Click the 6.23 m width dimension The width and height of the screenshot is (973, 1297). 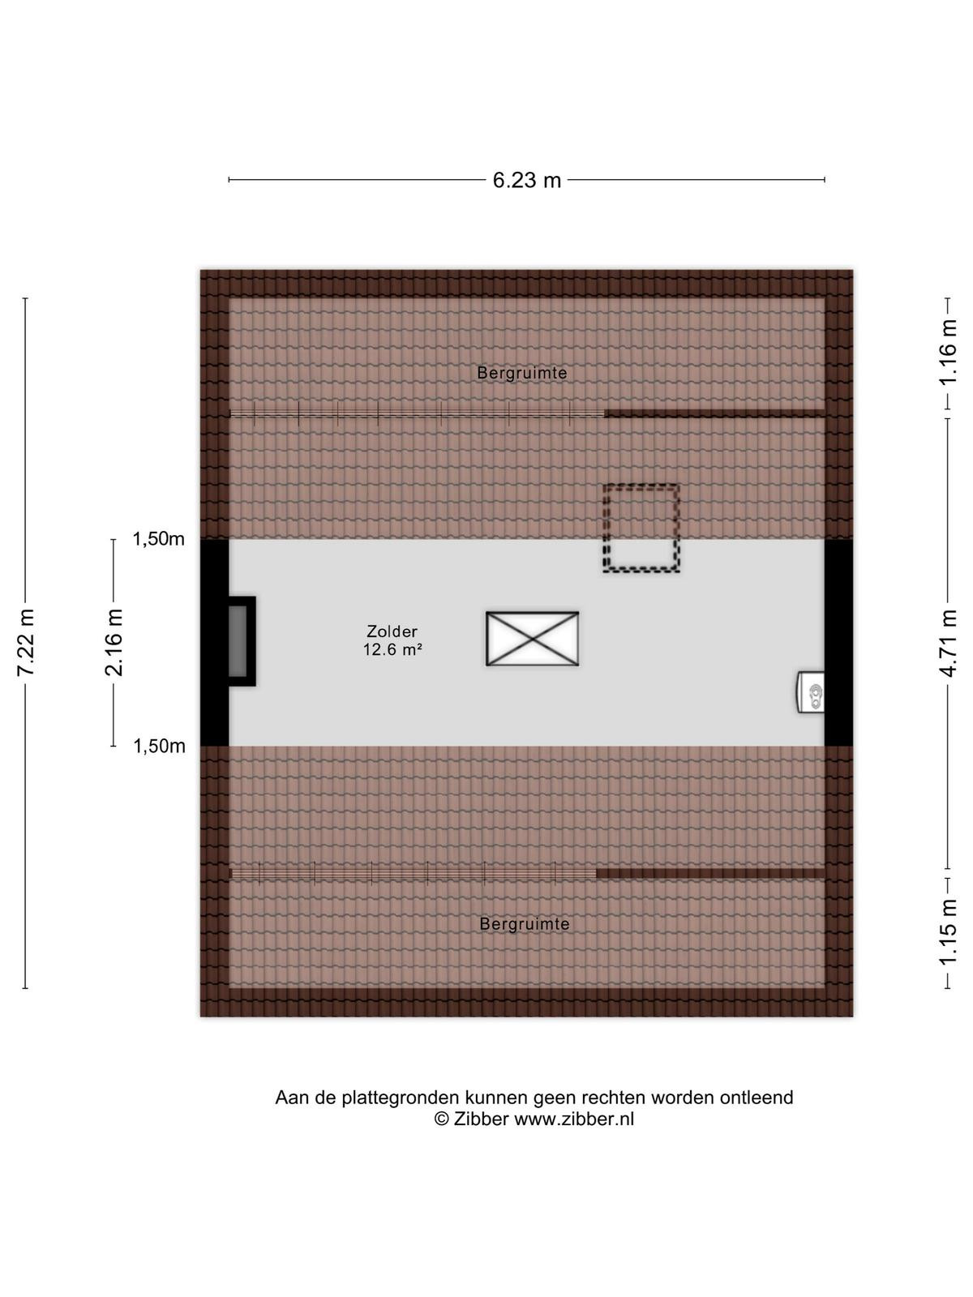[526, 180]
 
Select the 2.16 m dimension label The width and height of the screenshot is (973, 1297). [113, 642]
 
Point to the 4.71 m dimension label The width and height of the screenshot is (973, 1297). [948, 643]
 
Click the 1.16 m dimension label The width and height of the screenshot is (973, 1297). [948, 352]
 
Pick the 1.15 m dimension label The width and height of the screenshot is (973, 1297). [948, 932]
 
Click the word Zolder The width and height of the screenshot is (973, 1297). [392, 631]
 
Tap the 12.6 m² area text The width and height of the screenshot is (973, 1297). [392, 650]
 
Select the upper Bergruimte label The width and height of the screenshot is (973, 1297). [522, 374]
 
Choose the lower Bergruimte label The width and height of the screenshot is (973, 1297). [525, 924]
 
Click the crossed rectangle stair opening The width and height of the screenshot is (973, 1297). [532, 639]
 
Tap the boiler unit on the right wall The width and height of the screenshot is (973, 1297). [811, 692]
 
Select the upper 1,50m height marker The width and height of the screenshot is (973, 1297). [158, 539]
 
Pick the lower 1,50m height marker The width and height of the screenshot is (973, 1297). [159, 747]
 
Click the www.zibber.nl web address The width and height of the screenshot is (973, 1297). [573, 1119]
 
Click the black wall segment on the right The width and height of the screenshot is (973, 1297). [839, 642]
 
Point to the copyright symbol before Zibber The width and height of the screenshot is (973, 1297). [441, 1119]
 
